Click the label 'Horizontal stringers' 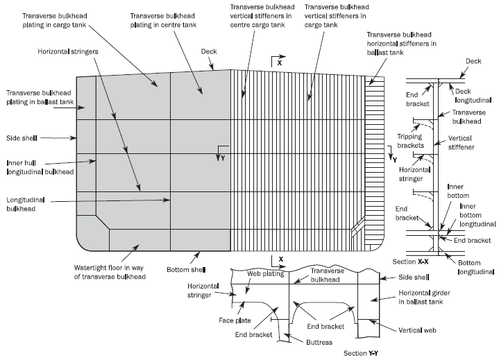click(x=69, y=51)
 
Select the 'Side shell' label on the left click(x=23, y=137)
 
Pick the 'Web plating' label click(x=263, y=273)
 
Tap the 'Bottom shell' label click(x=184, y=268)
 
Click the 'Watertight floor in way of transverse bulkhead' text click(x=110, y=272)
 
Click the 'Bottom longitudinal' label click(x=470, y=267)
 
